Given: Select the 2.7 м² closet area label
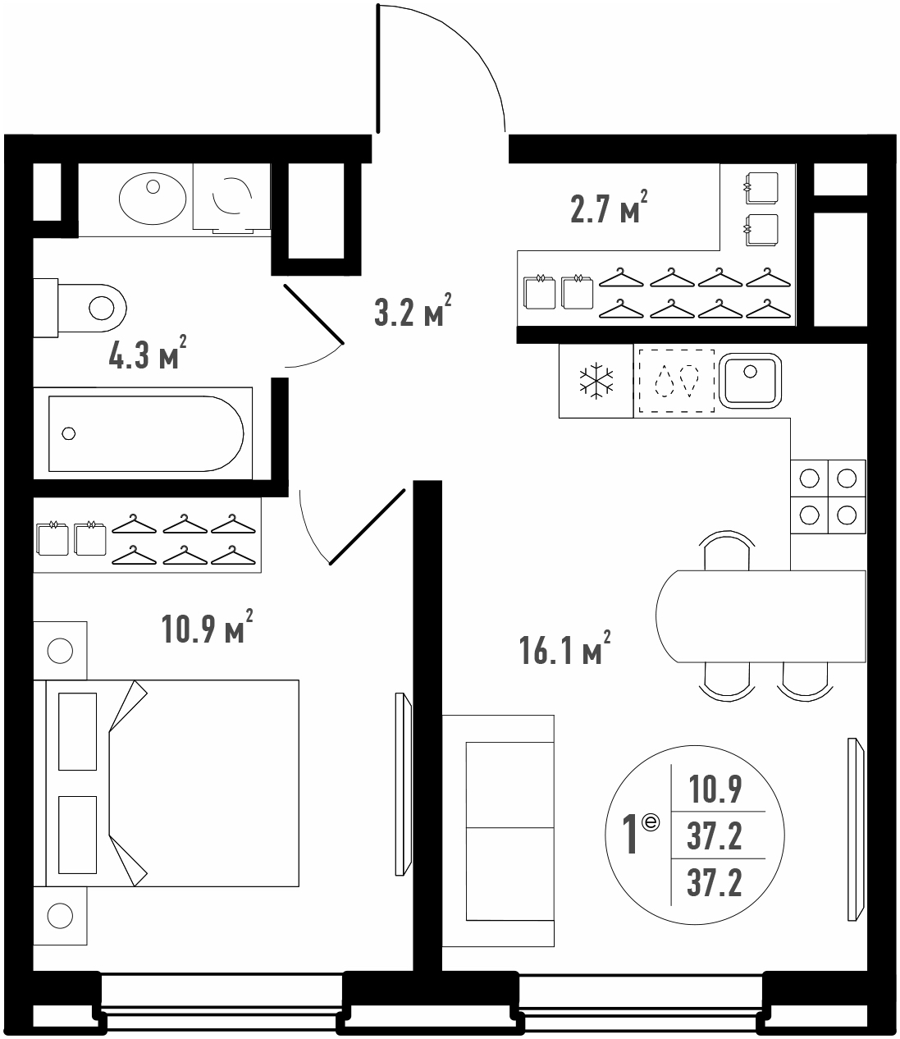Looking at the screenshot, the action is pos(609,206).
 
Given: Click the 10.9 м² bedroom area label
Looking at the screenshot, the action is pos(207,627).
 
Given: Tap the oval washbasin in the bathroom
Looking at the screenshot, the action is pos(153,199).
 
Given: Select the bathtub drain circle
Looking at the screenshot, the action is pos(68,433).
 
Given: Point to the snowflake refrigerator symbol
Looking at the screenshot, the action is pos(596,381).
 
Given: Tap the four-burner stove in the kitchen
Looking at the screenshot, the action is pos(828,497).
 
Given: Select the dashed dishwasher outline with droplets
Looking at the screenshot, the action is pos(676,381).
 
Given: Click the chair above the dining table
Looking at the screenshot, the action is pos(727,550).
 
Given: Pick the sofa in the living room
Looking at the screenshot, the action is pos(498,831).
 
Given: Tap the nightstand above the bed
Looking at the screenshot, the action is pos(61,651).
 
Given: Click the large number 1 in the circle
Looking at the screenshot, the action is pos(630,835).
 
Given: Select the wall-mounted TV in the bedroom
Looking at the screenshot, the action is pos(404,784).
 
